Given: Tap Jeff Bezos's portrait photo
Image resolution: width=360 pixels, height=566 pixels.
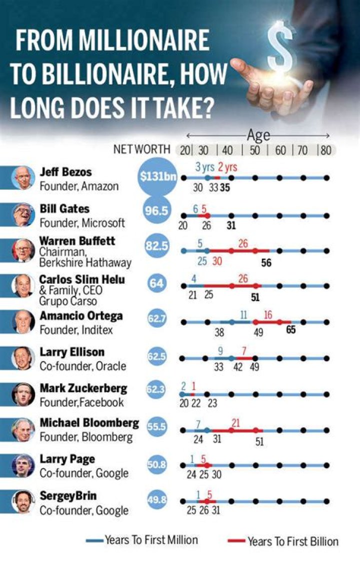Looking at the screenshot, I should pyautogui.click(x=23, y=178).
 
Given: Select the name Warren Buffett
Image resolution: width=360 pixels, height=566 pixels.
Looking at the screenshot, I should pyautogui.click(x=77, y=241).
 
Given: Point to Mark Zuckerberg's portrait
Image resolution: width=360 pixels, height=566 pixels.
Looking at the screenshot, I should pyautogui.click(x=23, y=394).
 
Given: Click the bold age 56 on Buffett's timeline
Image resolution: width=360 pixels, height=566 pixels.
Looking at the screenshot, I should pyautogui.click(x=266, y=263).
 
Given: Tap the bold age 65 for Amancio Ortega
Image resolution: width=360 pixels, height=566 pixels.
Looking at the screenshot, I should pyautogui.click(x=290, y=330).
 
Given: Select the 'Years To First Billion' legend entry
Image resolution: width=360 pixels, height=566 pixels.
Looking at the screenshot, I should pyautogui.click(x=293, y=541).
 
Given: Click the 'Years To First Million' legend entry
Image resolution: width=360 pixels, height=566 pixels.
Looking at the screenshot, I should pyautogui.click(x=151, y=540).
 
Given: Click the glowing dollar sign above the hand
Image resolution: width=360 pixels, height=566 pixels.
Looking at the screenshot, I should pyautogui.click(x=280, y=49).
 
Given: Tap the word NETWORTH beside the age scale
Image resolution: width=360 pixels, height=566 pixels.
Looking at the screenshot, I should pyautogui.click(x=142, y=150).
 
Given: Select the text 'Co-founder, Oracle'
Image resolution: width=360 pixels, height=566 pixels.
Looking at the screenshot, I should pyautogui.click(x=82, y=366).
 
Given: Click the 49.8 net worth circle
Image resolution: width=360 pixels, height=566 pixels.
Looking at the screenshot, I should pyautogui.click(x=156, y=500).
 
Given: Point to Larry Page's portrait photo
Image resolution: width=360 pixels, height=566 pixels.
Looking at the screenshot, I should pyautogui.click(x=23, y=466).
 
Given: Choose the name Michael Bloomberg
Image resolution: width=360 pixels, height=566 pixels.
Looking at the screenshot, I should pyautogui.click(x=89, y=423).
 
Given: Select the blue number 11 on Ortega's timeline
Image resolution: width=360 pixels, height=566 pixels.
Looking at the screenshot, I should pyautogui.click(x=243, y=315).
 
